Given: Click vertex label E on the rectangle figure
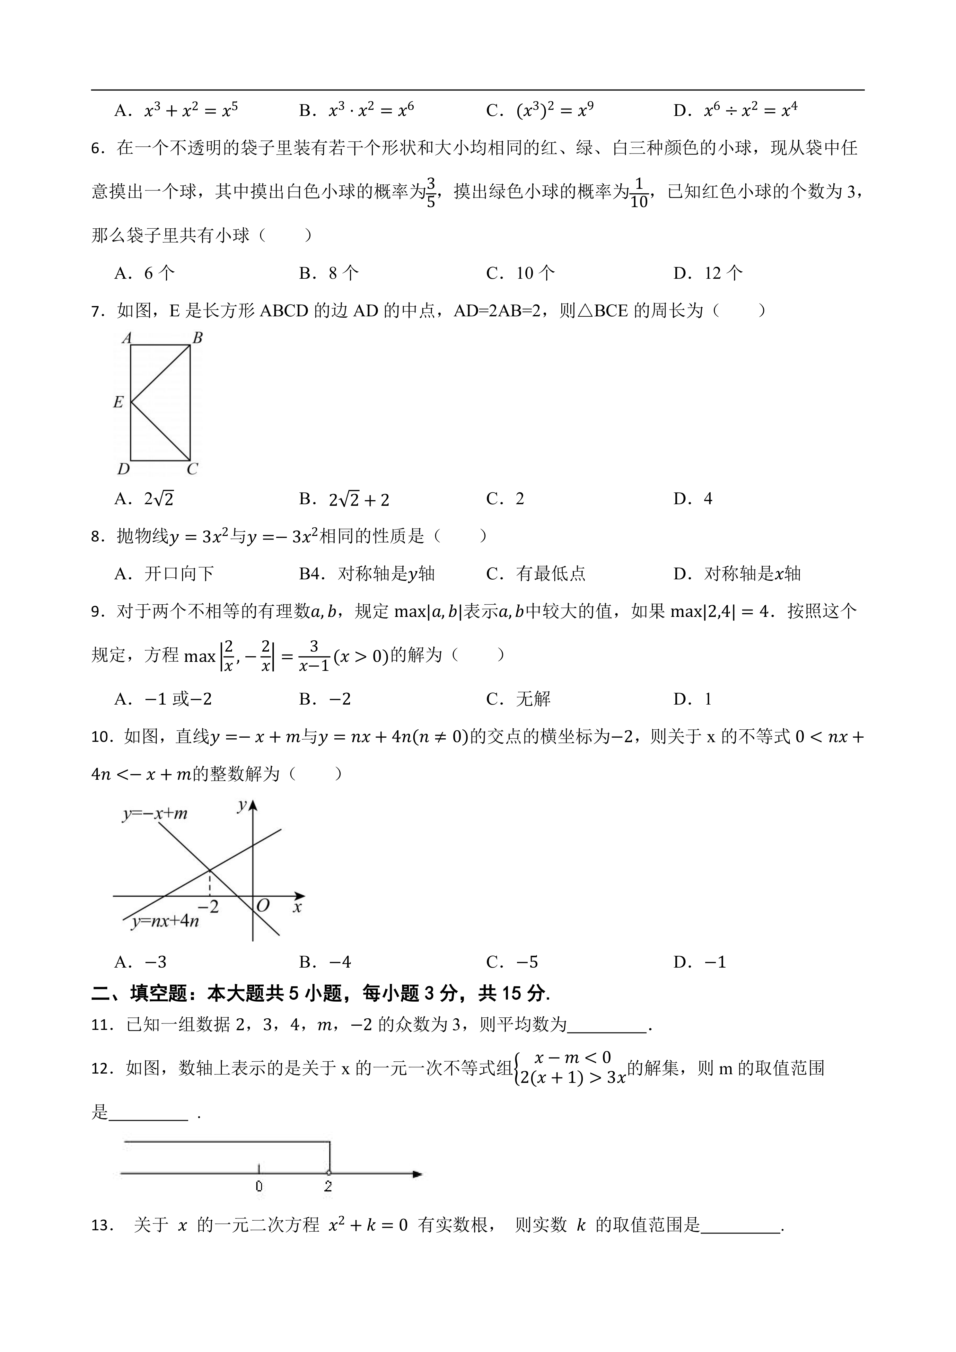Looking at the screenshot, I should point(118,402).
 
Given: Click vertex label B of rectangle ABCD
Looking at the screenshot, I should point(198,338).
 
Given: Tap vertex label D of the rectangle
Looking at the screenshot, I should point(123,469).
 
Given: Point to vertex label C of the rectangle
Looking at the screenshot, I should point(192,469).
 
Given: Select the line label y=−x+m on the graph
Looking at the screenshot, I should point(155,814).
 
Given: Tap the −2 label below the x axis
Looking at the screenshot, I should point(208,907).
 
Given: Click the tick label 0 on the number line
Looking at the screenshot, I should point(259,1187).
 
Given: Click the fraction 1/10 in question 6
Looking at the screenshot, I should point(639,193).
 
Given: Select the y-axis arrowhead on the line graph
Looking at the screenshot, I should point(253,805).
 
